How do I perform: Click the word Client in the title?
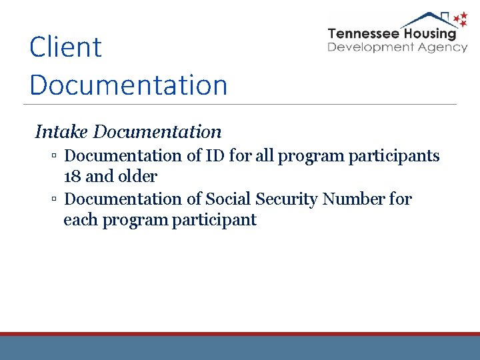tap(65, 47)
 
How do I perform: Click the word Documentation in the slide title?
tap(129, 85)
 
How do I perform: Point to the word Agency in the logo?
tap(444, 47)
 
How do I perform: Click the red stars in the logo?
tap(459, 20)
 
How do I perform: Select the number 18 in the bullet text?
tap(72, 177)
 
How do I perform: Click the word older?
tap(137, 177)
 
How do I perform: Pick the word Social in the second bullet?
tap(229, 199)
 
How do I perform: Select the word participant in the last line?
tap(214, 221)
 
